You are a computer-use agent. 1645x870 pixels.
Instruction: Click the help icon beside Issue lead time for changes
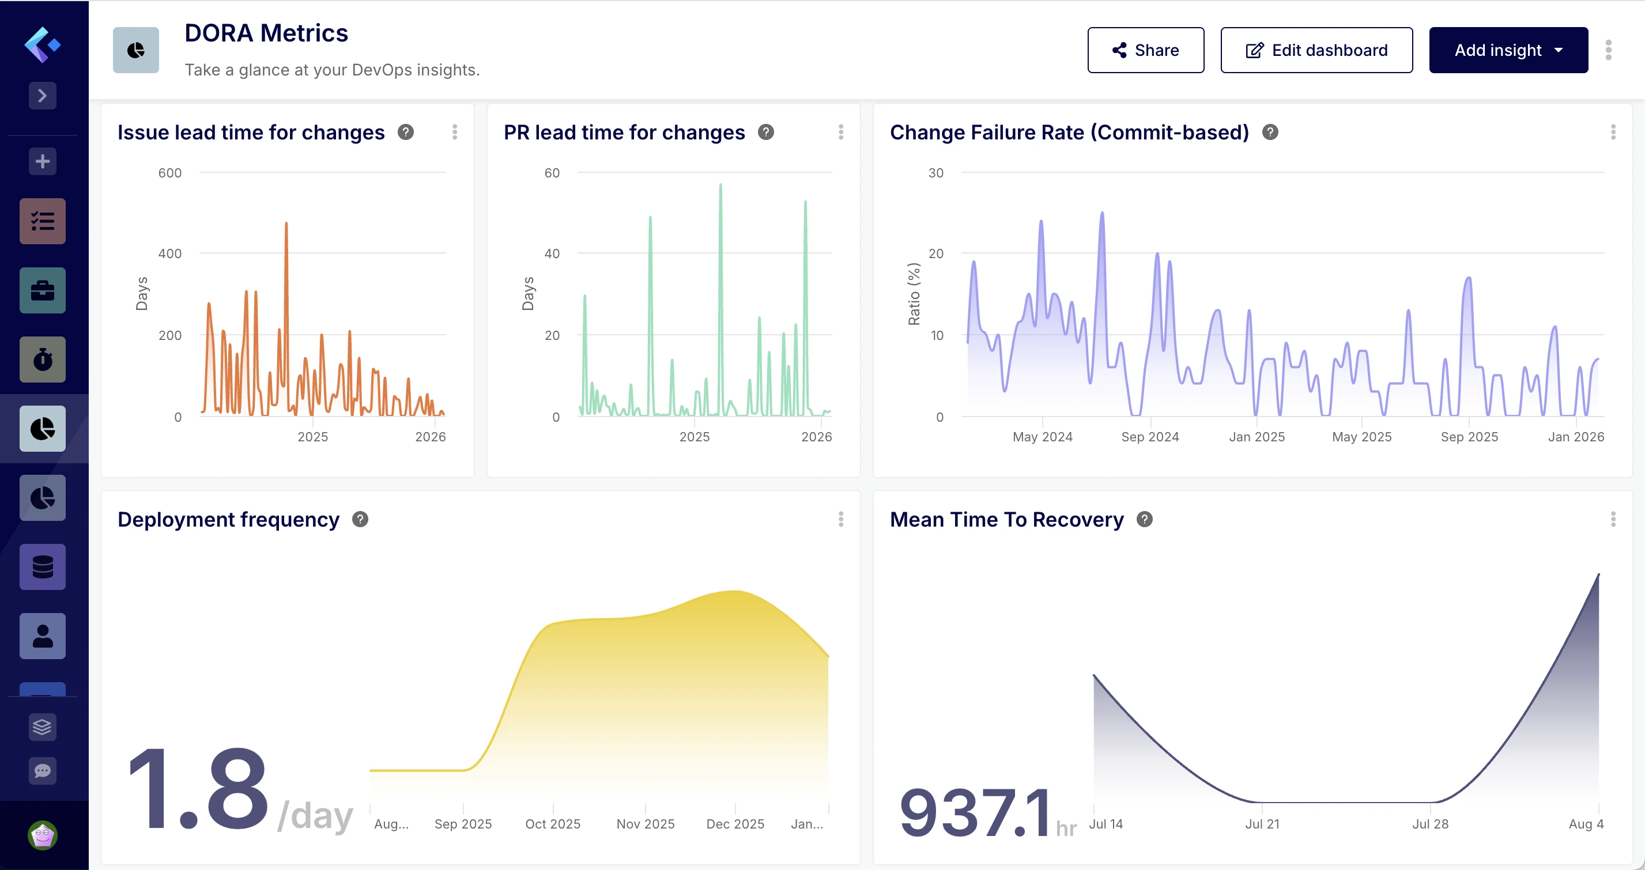406,132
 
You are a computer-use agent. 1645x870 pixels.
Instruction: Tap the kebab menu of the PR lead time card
840,132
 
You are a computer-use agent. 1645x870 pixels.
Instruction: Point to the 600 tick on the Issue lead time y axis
170,173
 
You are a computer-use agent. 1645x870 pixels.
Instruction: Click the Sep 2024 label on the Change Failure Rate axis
1149,437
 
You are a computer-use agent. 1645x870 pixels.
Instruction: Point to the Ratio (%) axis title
914,294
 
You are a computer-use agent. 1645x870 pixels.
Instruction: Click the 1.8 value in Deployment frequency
198,790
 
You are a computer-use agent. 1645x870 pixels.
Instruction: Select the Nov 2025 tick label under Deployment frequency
645,823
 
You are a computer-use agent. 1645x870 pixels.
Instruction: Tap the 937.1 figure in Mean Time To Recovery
975,812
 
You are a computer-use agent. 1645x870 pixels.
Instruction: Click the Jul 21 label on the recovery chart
1262,823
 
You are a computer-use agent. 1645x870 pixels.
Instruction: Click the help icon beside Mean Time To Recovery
1144,520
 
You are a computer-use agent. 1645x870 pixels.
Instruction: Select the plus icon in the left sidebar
43,161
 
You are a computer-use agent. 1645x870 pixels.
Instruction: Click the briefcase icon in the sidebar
43,290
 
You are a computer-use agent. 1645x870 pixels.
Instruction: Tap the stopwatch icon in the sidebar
43,360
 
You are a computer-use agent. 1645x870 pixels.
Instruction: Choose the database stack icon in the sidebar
43,567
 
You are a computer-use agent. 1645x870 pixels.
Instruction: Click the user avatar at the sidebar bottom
43,835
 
